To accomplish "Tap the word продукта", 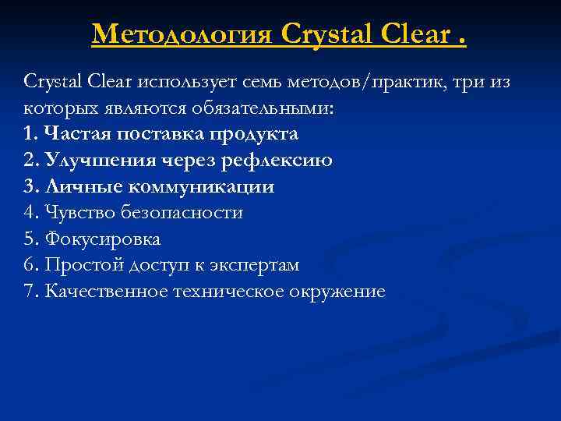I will coord(257,134).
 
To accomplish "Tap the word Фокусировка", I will coord(103,239).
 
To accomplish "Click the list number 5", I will coord(30,239).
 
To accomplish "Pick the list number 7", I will coord(30,292).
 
